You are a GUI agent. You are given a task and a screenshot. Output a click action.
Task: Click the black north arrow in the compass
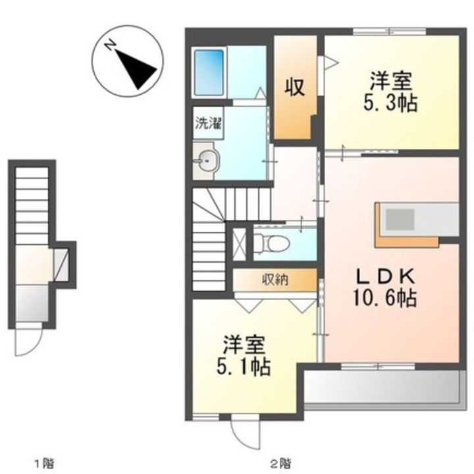click(x=136, y=68)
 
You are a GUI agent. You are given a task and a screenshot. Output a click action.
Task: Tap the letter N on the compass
click(x=110, y=45)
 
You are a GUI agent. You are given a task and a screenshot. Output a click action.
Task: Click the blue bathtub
click(x=209, y=72)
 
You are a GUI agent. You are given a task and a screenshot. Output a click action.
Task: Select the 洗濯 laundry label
click(x=208, y=123)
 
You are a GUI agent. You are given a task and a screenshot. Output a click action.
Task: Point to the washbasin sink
click(x=207, y=161)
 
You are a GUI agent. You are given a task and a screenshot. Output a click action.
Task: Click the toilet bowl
click(x=272, y=243)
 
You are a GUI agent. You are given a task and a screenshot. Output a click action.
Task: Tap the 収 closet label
click(x=295, y=88)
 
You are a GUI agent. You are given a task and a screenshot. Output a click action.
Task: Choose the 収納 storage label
click(x=275, y=280)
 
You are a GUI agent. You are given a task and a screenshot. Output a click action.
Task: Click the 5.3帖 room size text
click(x=390, y=103)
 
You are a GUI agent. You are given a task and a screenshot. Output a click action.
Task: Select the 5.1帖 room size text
click(x=244, y=367)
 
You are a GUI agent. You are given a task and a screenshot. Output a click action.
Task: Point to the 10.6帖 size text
click(x=384, y=298)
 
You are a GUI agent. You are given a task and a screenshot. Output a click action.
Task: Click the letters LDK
click(x=384, y=276)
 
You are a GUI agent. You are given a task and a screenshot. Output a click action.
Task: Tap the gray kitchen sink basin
click(x=400, y=219)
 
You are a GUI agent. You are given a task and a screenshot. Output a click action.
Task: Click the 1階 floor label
click(x=45, y=463)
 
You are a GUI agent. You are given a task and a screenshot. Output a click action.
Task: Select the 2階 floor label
click(x=281, y=463)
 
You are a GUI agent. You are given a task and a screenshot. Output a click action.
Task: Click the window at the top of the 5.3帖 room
click(x=390, y=31)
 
